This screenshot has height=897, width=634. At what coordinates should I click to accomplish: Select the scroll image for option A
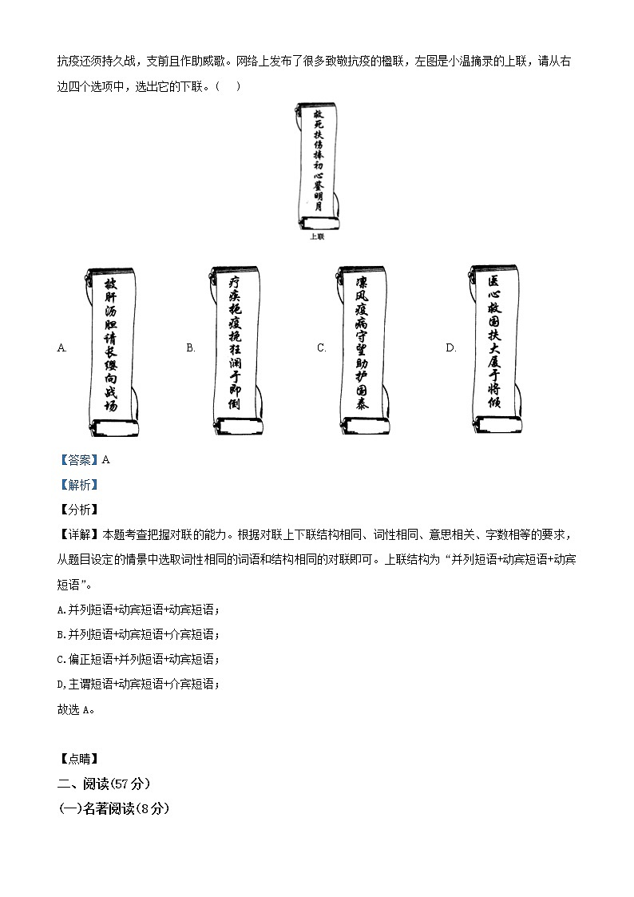[111, 351]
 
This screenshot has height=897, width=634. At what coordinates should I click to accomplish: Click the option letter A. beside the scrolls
[62, 347]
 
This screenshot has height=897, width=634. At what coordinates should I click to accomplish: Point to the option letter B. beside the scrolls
[191, 347]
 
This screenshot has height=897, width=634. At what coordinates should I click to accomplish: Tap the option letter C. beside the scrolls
[322, 347]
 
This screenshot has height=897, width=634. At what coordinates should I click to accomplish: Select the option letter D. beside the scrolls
[450, 347]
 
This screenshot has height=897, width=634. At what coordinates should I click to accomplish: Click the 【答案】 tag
[77, 459]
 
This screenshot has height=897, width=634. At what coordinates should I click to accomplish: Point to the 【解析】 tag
[77, 484]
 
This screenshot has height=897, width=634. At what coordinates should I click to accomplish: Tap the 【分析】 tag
[77, 510]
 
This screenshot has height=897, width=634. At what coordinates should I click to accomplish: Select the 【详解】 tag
[77, 534]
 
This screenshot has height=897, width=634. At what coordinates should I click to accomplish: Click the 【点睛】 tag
[77, 759]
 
